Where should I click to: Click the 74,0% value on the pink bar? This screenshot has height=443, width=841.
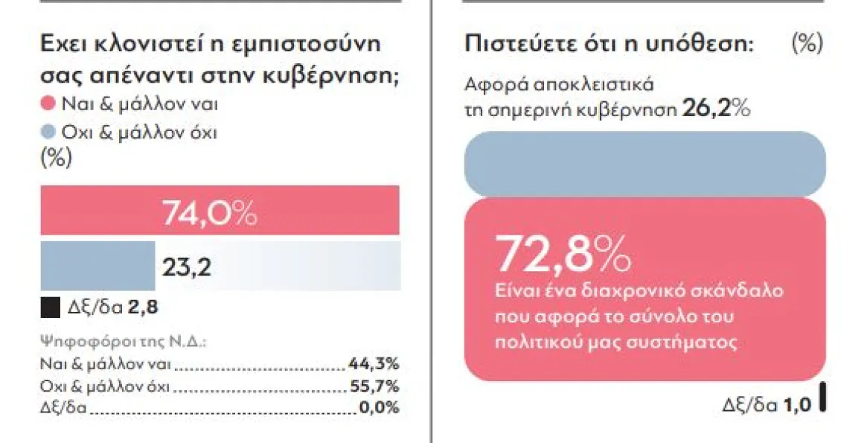point(209,214)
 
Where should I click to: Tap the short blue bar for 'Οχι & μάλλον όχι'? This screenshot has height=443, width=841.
point(97,266)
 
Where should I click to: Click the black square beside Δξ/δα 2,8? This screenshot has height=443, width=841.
point(50,307)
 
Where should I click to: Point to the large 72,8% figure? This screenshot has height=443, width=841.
point(563,254)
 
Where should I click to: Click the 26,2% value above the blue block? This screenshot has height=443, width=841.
point(715,109)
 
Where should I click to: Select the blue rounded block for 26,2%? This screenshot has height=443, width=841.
point(644,164)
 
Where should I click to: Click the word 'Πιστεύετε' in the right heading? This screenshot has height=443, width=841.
point(511,44)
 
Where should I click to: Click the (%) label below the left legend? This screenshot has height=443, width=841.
point(56,159)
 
